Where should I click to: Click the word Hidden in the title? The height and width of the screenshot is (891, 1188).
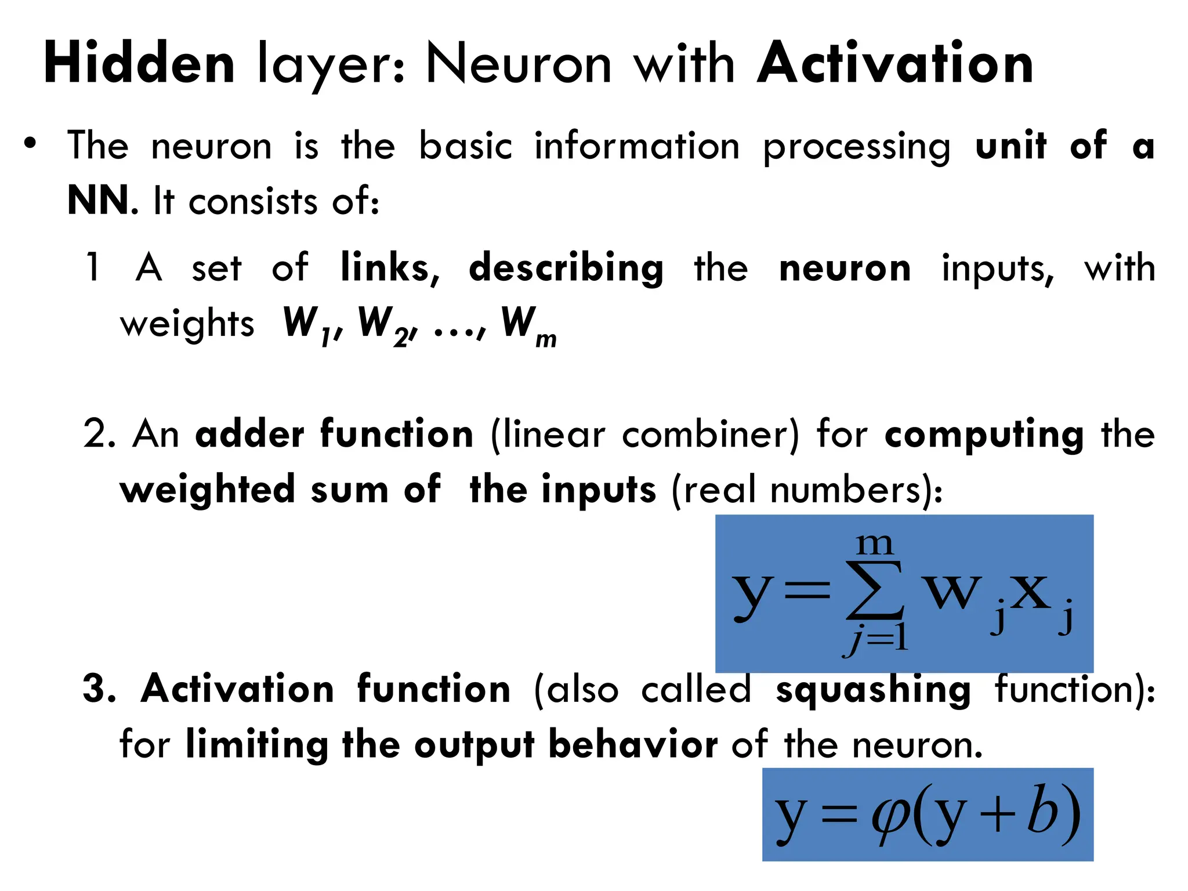(x=139, y=64)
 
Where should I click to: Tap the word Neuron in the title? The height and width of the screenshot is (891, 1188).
(x=519, y=64)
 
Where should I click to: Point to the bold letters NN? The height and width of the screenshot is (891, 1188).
(x=98, y=201)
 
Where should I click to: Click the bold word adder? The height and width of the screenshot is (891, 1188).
(x=249, y=434)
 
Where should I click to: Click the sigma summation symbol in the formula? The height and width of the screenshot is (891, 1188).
(x=874, y=590)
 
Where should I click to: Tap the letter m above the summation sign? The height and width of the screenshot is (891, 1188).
(x=875, y=544)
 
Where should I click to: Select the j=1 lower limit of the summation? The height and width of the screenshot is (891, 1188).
(x=876, y=639)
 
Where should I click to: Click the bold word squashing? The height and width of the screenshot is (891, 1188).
(x=873, y=690)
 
